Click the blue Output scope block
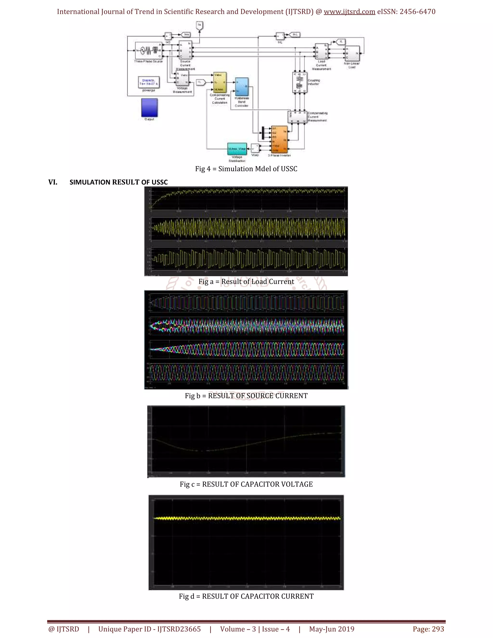coord(149,108)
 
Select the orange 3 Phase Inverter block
coord(279,139)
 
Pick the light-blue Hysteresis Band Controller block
coord(242,87)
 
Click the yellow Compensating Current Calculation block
coord(220,82)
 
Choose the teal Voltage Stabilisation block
coord(237,149)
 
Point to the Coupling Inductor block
coord(300,82)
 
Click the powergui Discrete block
coord(149,82)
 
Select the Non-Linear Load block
coord(352,53)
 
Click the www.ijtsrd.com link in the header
coord(349,12)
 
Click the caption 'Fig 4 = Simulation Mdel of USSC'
coord(246,169)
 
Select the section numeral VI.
coord(53,182)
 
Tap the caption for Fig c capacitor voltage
coord(246,484)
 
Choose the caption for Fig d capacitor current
coord(246,597)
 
